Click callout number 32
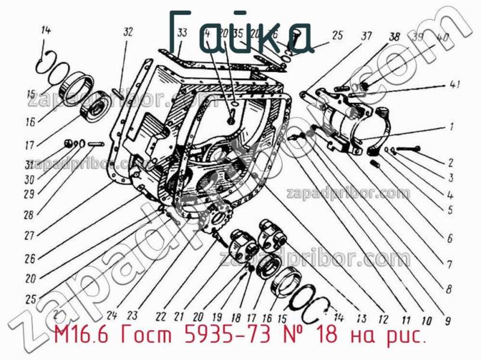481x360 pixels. click(127, 32)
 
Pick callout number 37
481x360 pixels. click(366, 35)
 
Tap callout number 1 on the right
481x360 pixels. click(449, 127)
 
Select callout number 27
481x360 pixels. click(29, 236)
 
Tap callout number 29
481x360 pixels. click(29, 194)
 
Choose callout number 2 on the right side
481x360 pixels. click(449, 162)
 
